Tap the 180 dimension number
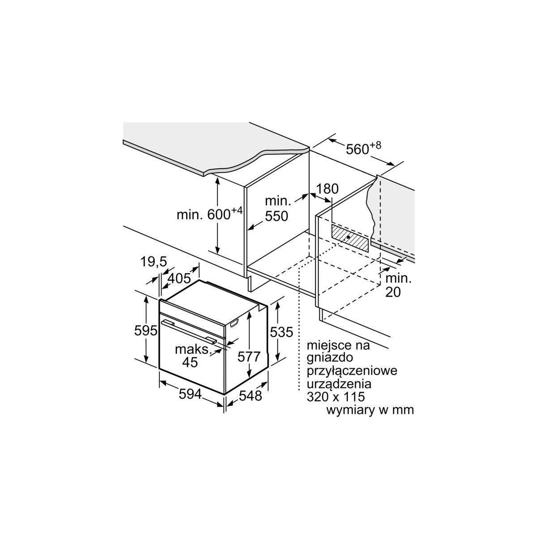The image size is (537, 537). (x=328, y=188)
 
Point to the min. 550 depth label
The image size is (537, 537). (x=277, y=209)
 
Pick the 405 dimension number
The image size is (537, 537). (x=179, y=278)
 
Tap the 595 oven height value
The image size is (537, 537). (x=146, y=331)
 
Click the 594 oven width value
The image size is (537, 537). (x=190, y=394)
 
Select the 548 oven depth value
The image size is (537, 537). (x=250, y=396)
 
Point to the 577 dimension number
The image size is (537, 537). (x=249, y=357)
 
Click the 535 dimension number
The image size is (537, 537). (x=281, y=332)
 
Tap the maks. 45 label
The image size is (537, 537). (x=192, y=356)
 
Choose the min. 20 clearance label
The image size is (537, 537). (x=398, y=285)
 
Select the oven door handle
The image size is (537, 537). (x=188, y=330)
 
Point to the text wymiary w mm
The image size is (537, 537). (x=370, y=410)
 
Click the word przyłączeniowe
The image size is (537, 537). (x=352, y=371)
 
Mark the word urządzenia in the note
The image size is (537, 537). (x=339, y=384)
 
